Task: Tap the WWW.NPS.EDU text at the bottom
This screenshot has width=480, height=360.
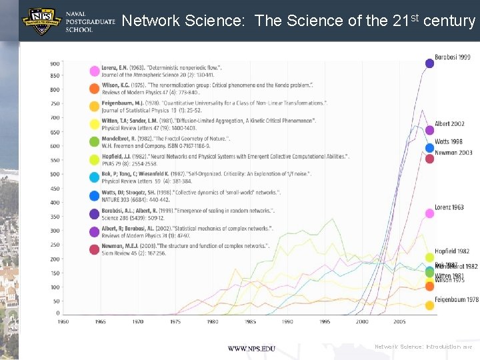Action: point(251,349)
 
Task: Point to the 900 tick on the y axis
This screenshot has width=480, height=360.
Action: point(54,64)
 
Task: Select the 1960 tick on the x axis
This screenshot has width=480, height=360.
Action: point(63,321)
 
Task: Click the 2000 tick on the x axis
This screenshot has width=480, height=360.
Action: point(361,321)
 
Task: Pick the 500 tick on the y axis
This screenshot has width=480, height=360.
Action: point(54,174)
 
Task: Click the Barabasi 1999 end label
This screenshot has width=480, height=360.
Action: point(453,57)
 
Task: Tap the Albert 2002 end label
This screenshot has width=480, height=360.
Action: point(449,124)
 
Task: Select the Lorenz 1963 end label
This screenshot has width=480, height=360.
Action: point(449,207)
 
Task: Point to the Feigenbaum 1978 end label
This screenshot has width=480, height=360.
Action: point(456,300)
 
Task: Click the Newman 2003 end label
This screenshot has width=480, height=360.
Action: point(453,153)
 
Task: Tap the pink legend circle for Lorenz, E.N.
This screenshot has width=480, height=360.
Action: point(95,71)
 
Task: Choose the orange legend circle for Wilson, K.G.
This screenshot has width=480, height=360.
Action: point(95,89)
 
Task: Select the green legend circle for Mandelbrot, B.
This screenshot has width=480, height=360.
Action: point(95,141)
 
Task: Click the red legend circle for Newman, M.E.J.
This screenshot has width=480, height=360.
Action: point(95,249)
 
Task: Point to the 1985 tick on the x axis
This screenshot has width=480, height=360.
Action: point(249,321)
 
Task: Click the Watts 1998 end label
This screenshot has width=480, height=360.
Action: point(448,141)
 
